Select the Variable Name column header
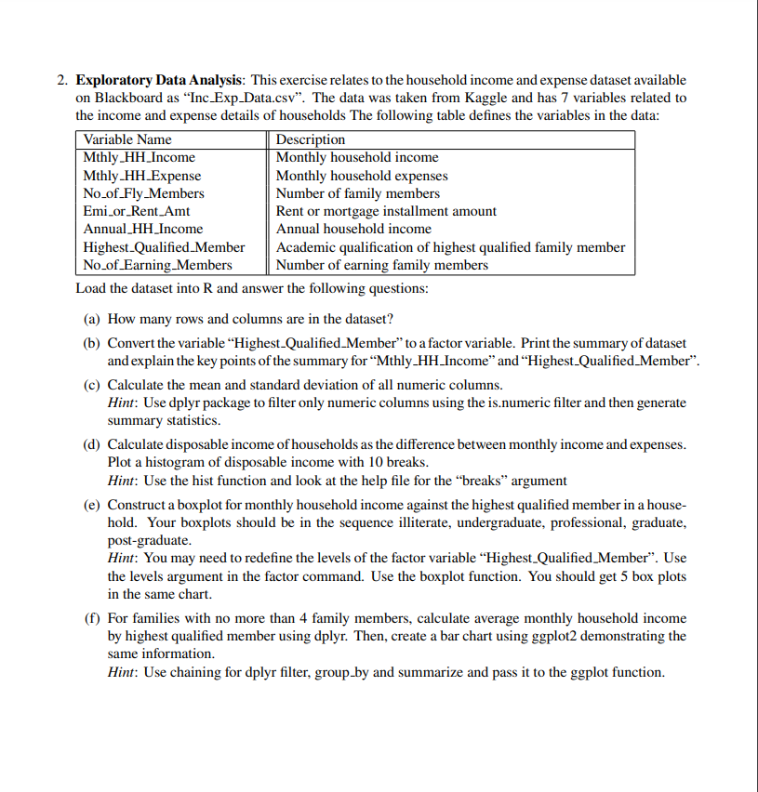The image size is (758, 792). pos(127,139)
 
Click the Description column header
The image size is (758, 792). pos(311,139)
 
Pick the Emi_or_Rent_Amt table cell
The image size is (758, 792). pos(137,211)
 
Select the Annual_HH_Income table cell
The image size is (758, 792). pos(143,229)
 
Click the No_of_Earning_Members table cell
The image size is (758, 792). pos(157,265)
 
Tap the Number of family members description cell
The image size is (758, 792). pos(358,193)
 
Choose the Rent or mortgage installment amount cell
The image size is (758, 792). pos(386,211)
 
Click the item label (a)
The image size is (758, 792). pos(91,319)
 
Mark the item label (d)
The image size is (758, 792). pos(91,445)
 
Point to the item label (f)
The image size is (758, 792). pos(90,618)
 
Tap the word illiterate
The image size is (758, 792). pos(430,522)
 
